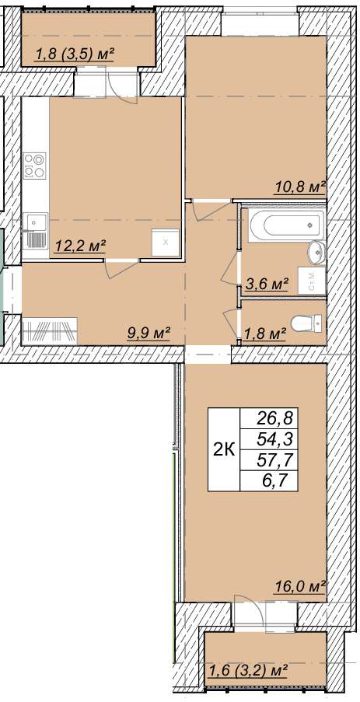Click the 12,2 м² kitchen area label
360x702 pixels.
[x=80, y=246]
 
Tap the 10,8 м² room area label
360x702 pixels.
[x=299, y=187]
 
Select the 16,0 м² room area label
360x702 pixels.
[x=299, y=586]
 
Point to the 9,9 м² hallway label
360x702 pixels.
[x=149, y=333]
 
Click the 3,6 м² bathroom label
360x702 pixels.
[x=267, y=283]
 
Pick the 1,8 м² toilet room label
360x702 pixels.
[x=265, y=334]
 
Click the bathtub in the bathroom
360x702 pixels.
[x=287, y=226]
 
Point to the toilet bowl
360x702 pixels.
[x=306, y=323]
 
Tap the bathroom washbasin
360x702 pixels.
[x=316, y=252]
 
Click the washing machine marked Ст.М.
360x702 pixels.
[x=312, y=281]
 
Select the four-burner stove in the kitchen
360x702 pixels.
[x=35, y=166]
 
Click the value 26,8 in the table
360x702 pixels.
[x=274, y=418]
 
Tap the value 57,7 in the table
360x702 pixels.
[x=274, y=461]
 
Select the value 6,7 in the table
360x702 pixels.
[x=280, y=482]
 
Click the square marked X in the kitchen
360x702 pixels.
[x=165, y=243]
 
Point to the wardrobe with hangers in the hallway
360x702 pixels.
[x=49, y=331]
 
